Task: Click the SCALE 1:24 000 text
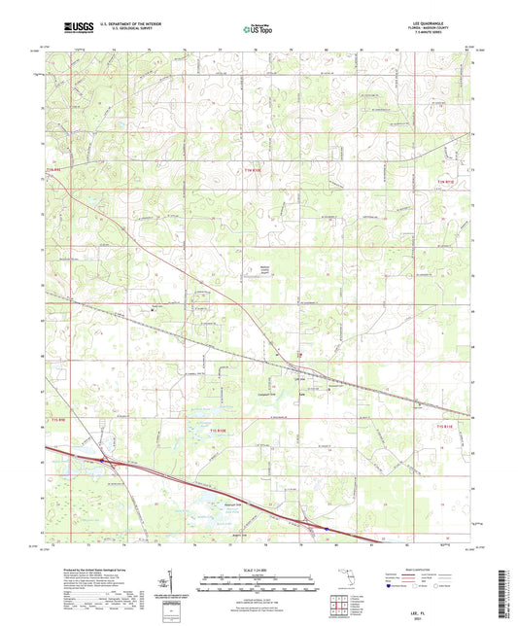pos(259,569)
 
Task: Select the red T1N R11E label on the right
pos(445,181)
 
